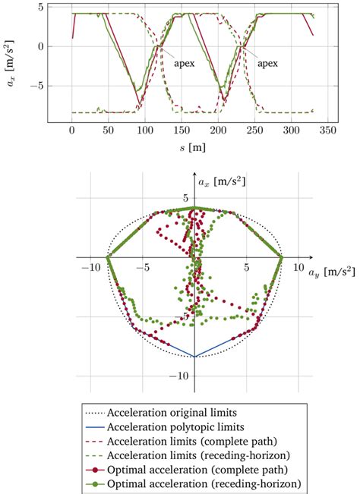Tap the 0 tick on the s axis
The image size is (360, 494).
coord(72,131)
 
